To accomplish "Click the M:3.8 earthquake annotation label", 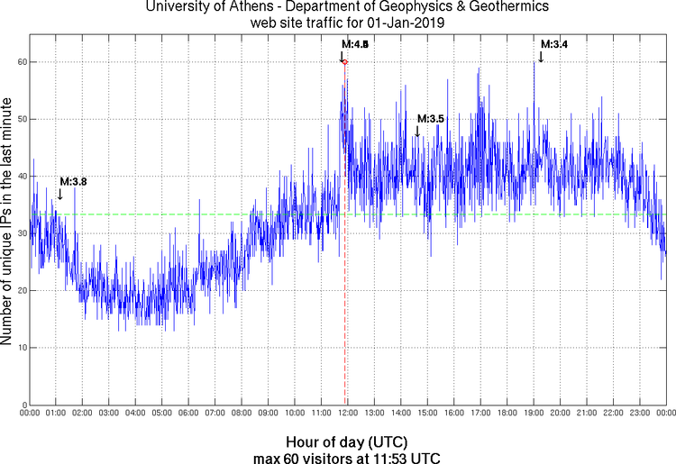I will coord(73,181).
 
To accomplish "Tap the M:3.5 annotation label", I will coord(431,119).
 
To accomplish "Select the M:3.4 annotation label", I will coord(553,43).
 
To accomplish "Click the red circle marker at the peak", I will coord(344,62).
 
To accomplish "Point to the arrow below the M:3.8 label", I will coord(59,193).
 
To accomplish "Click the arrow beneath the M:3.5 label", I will coord(417,131).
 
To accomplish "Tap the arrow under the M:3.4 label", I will coord(541,56).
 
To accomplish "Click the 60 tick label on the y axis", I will coord(19,62).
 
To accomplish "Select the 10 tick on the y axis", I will coord(19,347).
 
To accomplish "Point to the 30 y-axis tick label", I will coord(19,233).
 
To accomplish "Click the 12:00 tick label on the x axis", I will coord(347,413).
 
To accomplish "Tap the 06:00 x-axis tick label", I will coord(187,413).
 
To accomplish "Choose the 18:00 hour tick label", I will coord(507,413).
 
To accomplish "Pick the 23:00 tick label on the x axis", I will coord(639,413).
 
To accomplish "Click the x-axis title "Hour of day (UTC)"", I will coord(346,442).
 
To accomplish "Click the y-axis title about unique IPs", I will coord(8,221).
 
